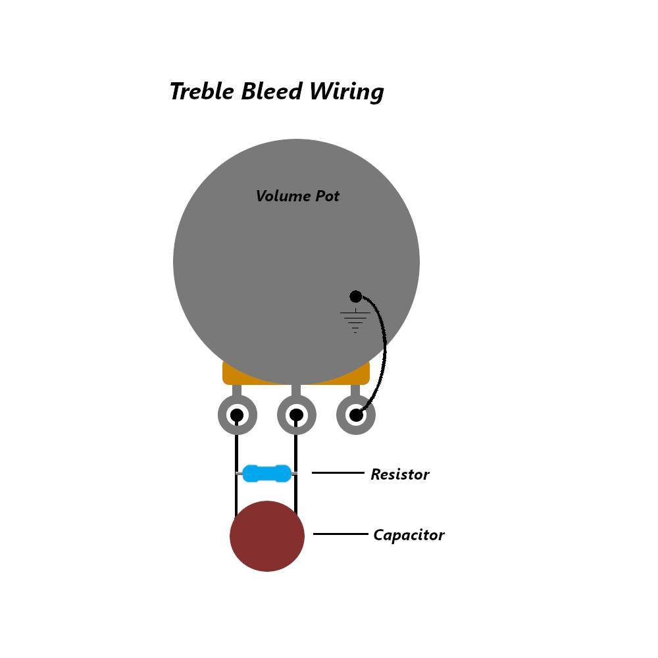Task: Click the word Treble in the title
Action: (x=201, y=91)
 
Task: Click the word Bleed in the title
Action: (x=272, y=91)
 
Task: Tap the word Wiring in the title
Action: (x=347, y=92)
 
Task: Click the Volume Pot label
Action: (x=297, y=196)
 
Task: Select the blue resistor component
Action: (x=267, y=473)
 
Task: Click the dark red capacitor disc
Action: (x=267, y=536)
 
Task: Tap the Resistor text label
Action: (x=400, y=474)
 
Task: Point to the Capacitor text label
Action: (x=409, y=535)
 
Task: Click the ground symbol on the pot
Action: (x=355, y=320)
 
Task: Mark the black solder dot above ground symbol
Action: (x=355, y=296)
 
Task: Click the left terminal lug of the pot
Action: (x=237, y=415)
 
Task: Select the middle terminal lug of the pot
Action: (x=296, y=415)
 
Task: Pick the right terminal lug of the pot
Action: (x=356, y=415)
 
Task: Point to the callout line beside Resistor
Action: (x=338, y=473)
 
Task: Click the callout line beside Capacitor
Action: (x=340, y=534)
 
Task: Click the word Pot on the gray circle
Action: (x=327, y=196)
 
